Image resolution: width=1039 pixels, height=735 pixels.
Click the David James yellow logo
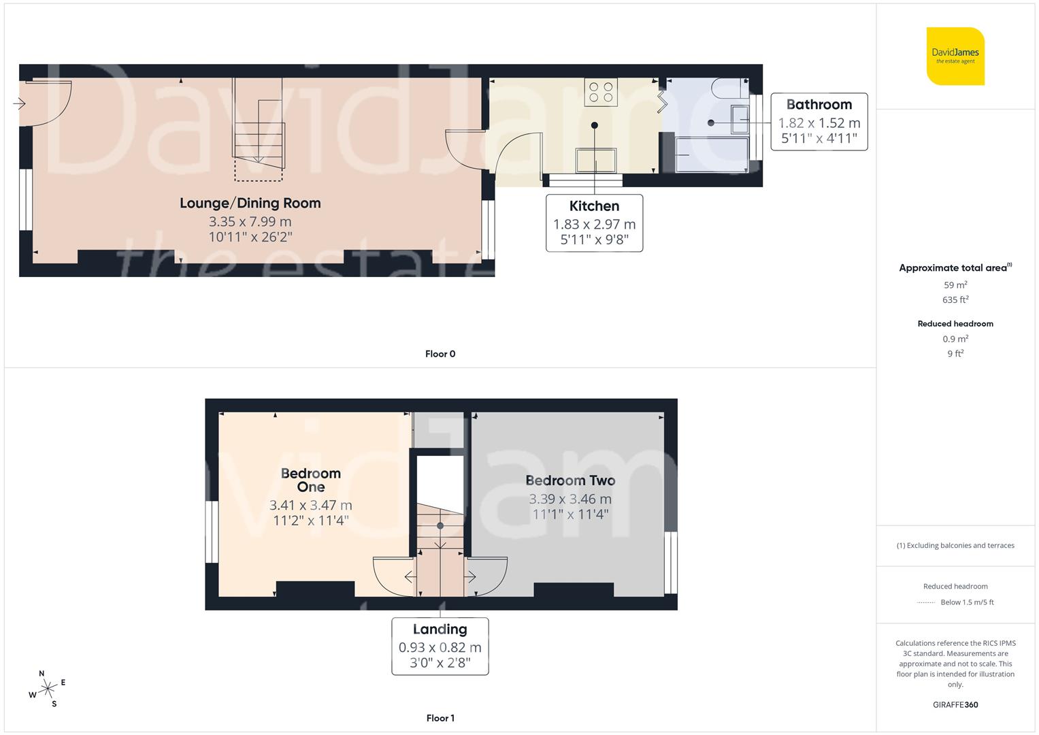[x=955, y=56]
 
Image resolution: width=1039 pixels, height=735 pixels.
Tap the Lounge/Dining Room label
[x=250, y=203]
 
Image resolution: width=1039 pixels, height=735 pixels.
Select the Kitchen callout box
[x=594, y=223]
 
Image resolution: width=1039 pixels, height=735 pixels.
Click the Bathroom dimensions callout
[x=819, y=122]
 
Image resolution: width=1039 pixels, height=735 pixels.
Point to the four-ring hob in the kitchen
[x=601, y=92]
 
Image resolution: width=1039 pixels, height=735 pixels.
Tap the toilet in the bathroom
[x=728, y=86]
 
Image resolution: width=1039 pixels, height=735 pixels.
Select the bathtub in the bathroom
[x=711, y=154]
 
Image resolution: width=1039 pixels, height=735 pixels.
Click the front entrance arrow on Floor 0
[x=19, y=103]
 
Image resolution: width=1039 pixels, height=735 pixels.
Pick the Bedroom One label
[x=310, y=480]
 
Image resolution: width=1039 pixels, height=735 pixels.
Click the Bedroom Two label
[x=570, y=480]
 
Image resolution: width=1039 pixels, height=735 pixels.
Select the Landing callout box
[x=440, y=646]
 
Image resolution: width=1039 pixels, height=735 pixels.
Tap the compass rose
[x=47, y=689]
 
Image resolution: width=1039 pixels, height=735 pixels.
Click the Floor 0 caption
[x=440, y=354]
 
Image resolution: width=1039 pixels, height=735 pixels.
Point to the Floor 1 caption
[x=440, y=718]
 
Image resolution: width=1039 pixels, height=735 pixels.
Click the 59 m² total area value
[x=955, y=285]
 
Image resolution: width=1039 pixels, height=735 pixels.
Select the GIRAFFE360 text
[x=955, y=705]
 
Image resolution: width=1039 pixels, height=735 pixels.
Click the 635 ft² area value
[x=955, y=299]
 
